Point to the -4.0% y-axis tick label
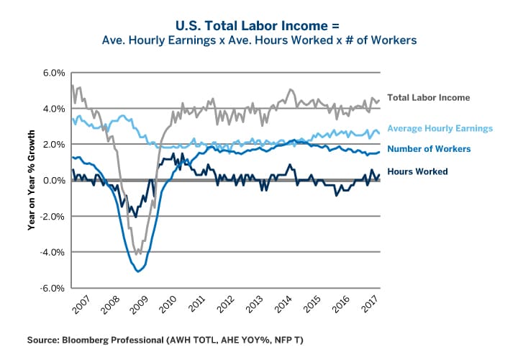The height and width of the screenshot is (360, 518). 53,252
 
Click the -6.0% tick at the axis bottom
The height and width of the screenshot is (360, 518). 53,288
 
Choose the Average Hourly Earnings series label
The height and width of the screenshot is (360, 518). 440,128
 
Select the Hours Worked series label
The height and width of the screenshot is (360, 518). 417,171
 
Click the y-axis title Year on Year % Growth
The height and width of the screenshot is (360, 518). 32,180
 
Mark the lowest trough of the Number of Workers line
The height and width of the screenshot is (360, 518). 138,271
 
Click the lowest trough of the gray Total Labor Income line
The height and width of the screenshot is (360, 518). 137,254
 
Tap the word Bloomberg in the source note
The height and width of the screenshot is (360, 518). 96,338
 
